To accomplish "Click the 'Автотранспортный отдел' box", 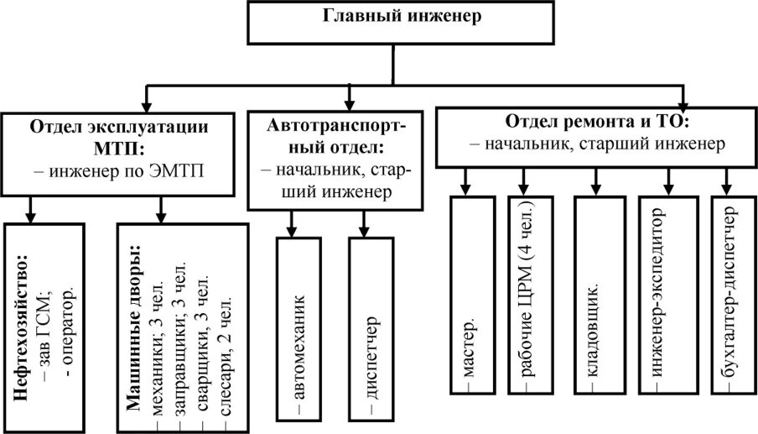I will coord(337,159).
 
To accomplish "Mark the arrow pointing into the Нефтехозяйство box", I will coord(31,210).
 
